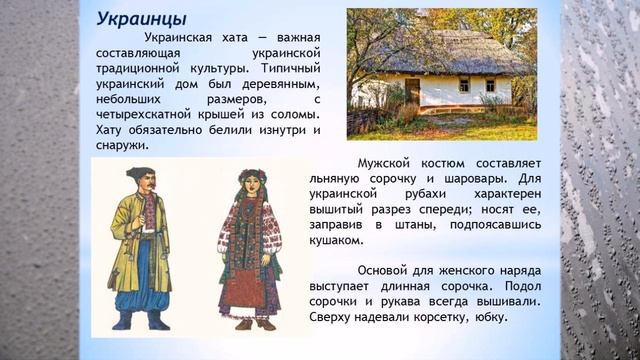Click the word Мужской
point(412,162)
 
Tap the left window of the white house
point(463,85)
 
